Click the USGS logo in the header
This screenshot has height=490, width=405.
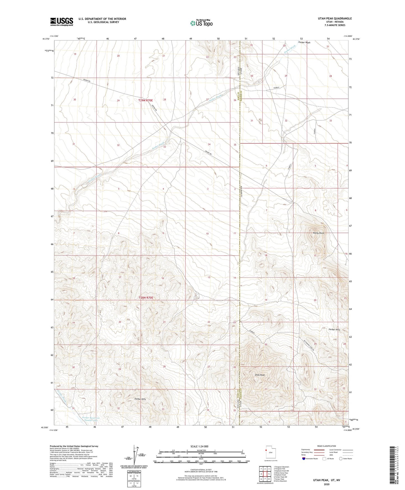coord(62,22)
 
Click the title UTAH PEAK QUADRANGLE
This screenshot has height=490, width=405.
coord(335,19)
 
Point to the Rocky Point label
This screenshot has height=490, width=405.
coord(318,233)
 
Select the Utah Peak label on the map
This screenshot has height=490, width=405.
coord(260,375)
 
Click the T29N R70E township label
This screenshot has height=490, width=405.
coord(146,100)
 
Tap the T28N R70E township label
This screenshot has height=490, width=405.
coord(146,297)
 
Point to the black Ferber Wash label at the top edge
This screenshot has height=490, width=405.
coord(304,43)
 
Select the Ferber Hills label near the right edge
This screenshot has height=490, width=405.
coord(334,329)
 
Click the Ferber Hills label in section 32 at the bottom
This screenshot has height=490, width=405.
coord(140,399)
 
